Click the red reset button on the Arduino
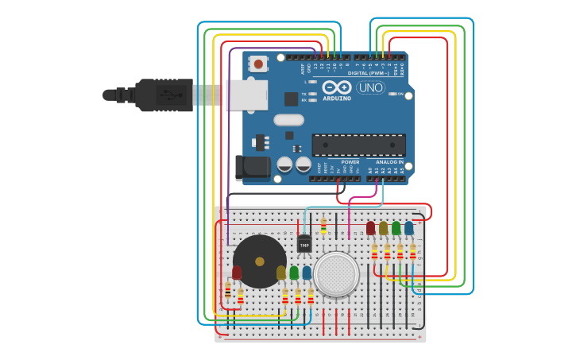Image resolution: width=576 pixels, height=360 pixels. pos(258,64)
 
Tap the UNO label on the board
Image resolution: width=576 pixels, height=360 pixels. pos(370,87)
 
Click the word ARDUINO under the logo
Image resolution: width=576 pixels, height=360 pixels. pos(337,99)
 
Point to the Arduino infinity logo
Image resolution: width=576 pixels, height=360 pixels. pos(337,87)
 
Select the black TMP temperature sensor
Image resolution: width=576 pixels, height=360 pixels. pos(304,244)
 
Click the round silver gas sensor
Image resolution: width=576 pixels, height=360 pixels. pos(336,273)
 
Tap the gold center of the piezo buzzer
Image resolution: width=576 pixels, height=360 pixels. pos(259,261)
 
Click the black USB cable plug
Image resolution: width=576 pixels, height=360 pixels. pos(163,95)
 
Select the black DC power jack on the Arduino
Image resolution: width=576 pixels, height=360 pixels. pos(252,168)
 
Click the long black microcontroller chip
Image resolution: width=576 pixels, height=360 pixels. pos(358,145)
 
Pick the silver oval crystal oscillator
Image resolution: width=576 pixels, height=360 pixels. pos(289,120)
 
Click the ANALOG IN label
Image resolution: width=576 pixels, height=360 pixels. pos(389,161)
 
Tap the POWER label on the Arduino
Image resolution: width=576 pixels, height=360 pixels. pos(350,161)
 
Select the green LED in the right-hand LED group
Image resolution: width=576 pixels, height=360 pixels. pos(396,228)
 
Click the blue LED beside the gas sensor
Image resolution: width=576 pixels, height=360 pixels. pos(307,273)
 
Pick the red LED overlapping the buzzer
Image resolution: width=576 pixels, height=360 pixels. pos(237,273)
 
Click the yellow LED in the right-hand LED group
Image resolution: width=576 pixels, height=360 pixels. pos(383,228)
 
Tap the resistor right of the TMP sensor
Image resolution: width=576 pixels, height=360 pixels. pos(323,226)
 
